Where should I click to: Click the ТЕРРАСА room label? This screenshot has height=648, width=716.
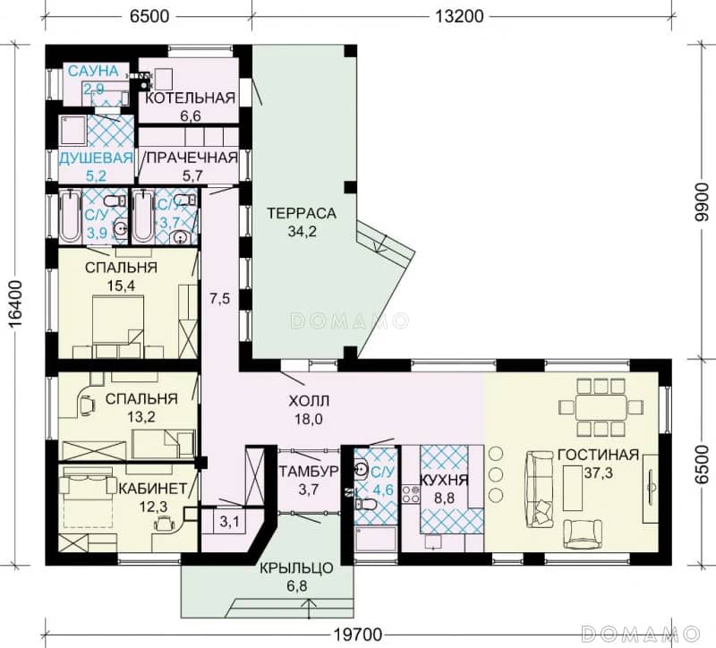302,213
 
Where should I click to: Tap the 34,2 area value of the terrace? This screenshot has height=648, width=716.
302,232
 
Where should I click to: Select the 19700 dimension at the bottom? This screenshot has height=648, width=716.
357,635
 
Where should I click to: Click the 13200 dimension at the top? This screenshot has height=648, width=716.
458,16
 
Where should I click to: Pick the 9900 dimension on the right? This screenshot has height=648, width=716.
700,202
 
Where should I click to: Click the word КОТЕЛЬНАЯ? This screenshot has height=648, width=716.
190,98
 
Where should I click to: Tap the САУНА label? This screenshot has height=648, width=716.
93,71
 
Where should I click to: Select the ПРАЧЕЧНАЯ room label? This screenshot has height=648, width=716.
192,158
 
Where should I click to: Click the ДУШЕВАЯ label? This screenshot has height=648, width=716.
97,158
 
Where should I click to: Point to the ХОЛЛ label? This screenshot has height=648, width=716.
309,401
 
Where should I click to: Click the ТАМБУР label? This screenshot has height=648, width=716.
309,472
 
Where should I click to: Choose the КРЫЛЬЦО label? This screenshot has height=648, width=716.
297,568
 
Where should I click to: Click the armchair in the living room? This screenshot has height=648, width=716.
584,533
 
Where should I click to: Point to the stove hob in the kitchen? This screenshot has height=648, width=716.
411,494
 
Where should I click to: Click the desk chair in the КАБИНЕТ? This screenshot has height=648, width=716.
164,523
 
